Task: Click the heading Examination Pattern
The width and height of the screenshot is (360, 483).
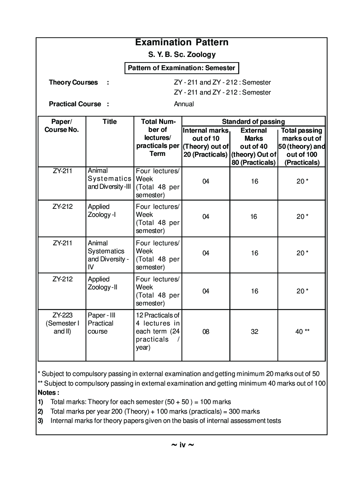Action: tap(182, 42)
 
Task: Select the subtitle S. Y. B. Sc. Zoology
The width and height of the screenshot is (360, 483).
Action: tap(182, 55)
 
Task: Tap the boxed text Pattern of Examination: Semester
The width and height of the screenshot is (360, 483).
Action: tap(182, 68)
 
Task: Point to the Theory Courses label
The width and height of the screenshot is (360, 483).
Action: tap(73, 82)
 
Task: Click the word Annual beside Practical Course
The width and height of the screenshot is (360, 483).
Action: tap(184, 104)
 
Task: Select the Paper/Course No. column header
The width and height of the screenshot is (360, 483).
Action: tap(62, 125)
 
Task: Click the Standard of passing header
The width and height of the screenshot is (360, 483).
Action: tap(253, 121)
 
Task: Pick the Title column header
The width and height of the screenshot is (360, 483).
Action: tap(109, 121)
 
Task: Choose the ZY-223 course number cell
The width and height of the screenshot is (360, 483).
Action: tap(62, 323)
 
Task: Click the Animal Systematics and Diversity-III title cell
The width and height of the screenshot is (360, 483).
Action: tap(109, 178)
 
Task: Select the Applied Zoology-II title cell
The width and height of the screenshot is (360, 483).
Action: tap(103, 283)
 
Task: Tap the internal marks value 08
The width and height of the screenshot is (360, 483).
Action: tap(206, 331)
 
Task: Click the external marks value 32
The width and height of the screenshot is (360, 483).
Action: tap(254, 331)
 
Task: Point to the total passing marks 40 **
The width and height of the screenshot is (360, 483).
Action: tap(302, 331)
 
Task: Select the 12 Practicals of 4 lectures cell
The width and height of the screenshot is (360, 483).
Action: tap(158, 331)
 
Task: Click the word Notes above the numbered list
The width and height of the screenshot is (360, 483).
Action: tap(48, 392)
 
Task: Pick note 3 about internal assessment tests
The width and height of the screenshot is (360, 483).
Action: tap(165, 420)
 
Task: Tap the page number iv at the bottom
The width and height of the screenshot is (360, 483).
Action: tap(182, 445)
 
